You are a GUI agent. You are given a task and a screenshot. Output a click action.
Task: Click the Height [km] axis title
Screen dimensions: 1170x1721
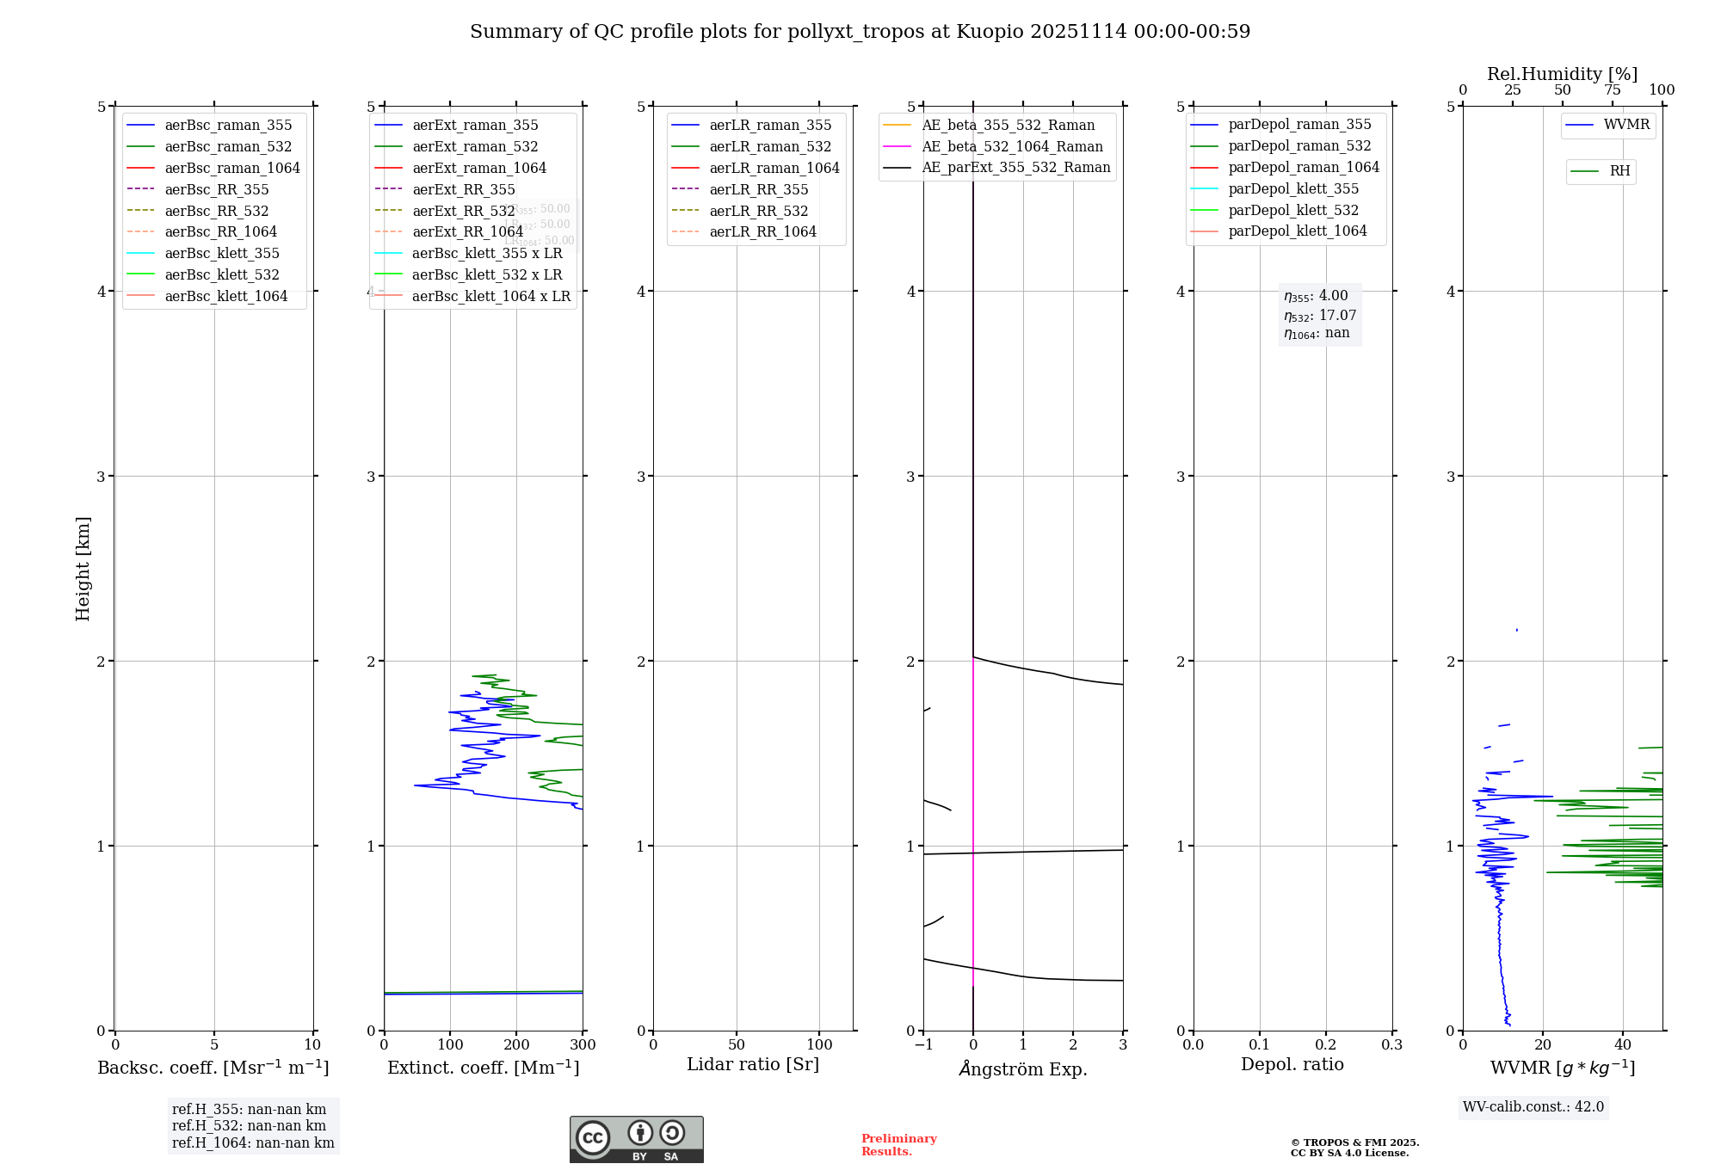[83, 568]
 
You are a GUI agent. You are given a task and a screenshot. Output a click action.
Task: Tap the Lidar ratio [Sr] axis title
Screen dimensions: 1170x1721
[753, 1064]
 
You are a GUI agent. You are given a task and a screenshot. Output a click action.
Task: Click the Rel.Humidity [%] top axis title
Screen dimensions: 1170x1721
[1562, 74]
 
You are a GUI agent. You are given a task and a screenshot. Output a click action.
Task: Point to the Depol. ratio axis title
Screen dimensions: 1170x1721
[1292, 1064]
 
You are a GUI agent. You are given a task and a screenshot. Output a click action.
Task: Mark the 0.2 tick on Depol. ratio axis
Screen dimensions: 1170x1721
[1326, 1045]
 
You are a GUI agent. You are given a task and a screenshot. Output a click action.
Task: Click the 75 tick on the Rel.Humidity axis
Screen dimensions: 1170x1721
[1613, 90]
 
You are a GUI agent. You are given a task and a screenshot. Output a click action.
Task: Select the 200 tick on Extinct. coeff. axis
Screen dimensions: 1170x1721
[516, 1045]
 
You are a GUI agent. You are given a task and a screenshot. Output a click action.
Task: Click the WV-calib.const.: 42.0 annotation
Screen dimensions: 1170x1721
[1533, 1106]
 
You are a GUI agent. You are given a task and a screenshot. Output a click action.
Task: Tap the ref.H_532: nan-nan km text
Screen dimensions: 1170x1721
[249, 1125]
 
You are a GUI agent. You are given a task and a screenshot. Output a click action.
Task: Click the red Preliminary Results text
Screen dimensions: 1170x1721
[898, 1145]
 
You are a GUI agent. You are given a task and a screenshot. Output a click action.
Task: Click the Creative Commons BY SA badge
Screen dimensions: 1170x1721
[636, 1139]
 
